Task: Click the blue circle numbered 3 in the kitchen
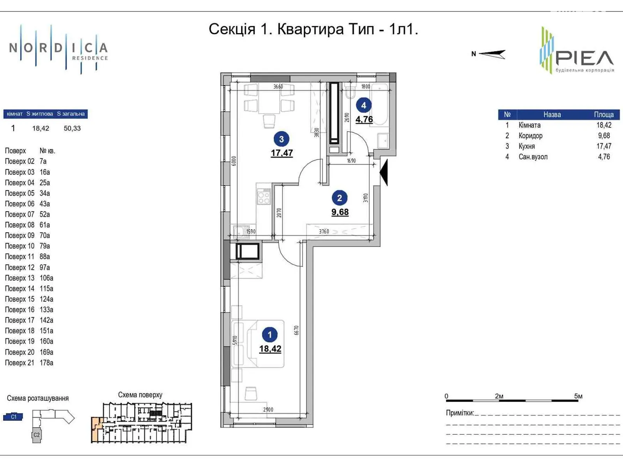(281, 139)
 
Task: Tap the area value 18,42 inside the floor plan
(270, 349)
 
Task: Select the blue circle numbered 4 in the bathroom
(364, 105)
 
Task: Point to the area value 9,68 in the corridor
(340, 212)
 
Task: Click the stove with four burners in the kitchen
(263, 196)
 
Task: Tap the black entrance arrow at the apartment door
(384, 173)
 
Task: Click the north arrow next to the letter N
(493, 54)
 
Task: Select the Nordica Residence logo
(58, 50)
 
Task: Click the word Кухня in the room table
(526, 146)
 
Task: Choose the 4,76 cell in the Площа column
(604, 157)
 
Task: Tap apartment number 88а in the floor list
(44, 256)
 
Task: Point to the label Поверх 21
(19, 363)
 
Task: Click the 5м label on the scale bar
(578, 396)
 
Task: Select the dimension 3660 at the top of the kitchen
(278, 86)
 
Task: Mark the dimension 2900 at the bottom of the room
(268, 409)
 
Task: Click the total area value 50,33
(72, 128)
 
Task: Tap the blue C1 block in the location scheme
(13, 417)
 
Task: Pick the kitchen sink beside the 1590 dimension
(241, 231)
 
